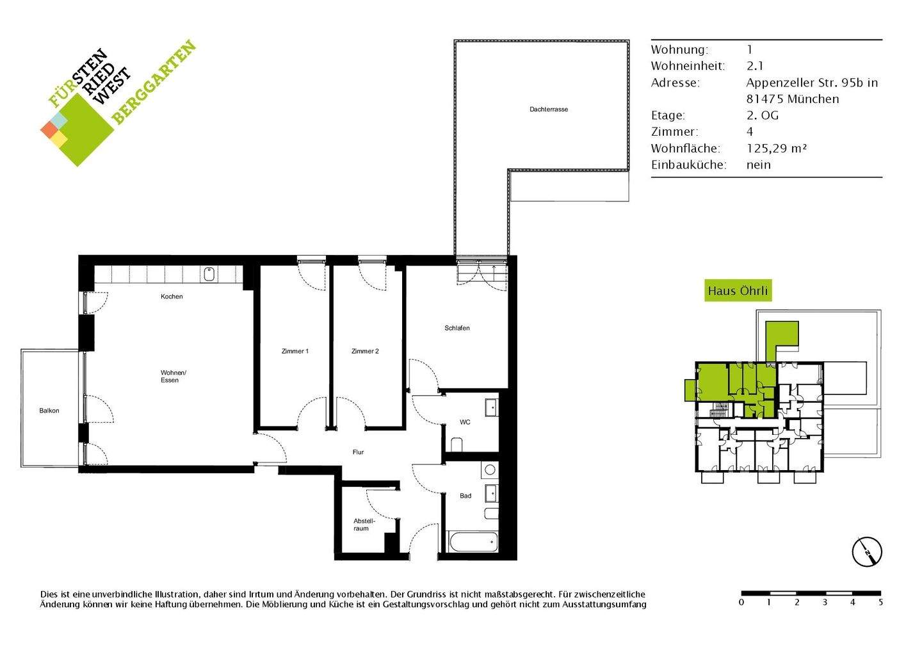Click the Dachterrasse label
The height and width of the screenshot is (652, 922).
(x=548, y=110)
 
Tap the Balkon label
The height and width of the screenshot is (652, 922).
(x=49, y=411)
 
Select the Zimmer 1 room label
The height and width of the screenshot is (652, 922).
(x=295, y=351)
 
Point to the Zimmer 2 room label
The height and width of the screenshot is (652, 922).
(x=365, y=351)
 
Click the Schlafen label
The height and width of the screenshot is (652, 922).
(x=457, y=328)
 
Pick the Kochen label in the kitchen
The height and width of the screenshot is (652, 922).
(x=172, y=297)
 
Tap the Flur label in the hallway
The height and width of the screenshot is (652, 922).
(x=358, y=452)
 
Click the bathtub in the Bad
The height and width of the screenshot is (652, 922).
(x=473, y=543)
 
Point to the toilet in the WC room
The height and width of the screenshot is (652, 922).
(x=457, y=444)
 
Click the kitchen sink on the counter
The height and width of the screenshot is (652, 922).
(x=209, y=275)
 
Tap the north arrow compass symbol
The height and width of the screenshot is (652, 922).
(x=867, y=551)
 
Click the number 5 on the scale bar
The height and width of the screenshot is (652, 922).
(x=880, y=603)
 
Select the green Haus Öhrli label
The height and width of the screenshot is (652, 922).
(x=737, y=291)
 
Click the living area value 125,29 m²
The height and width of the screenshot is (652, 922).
(x=776, y=148)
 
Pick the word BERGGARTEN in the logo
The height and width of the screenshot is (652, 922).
(x=154, y=82)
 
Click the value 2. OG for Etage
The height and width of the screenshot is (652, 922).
(x=762, y=115)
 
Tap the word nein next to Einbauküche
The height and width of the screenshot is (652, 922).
(x=758, y=165)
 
